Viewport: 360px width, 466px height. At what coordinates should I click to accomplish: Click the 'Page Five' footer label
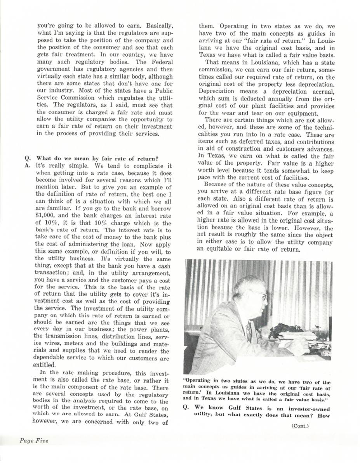pyautogui.click(x=34, y=440)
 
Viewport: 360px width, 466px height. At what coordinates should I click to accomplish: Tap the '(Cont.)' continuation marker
pyautogui.click(x=300, y=426)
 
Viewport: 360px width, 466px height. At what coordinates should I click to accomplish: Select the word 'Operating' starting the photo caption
pyautogui.click(x=197, y=382)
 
